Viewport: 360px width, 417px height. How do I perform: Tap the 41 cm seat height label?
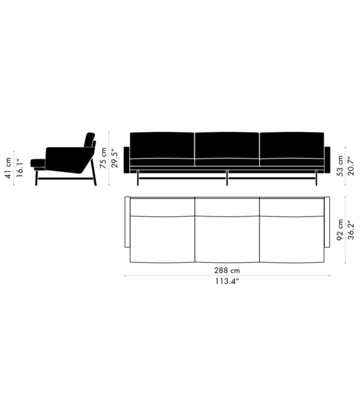[8, 167]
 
